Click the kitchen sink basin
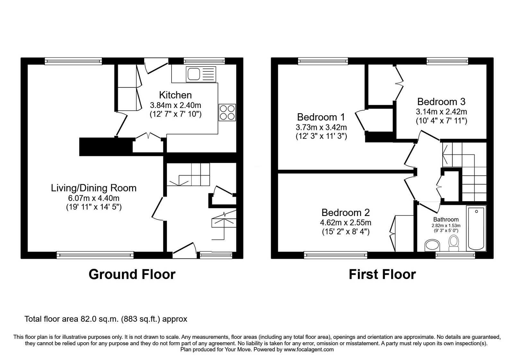coord(194,74)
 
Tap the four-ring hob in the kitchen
coord(227,113)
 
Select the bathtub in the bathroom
coord(476,228)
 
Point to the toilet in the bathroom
coord(454,243)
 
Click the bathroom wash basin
coord(432,245)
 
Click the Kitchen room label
coord(175,95)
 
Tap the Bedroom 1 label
coord(321,117)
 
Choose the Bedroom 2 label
coord(346,212)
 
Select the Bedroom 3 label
coord(441,102)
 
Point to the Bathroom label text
coord(446,220)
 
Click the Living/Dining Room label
coord(93,188)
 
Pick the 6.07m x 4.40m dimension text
coord(93,198)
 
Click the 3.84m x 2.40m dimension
coord(175,105)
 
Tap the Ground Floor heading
coord(132,274)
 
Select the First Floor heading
coord(382,274)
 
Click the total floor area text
coord(106,319)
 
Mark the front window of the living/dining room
coord(95,255)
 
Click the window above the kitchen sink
coord(204,61)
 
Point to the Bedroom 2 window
coord(335,255)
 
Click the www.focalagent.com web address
coord(309,350)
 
